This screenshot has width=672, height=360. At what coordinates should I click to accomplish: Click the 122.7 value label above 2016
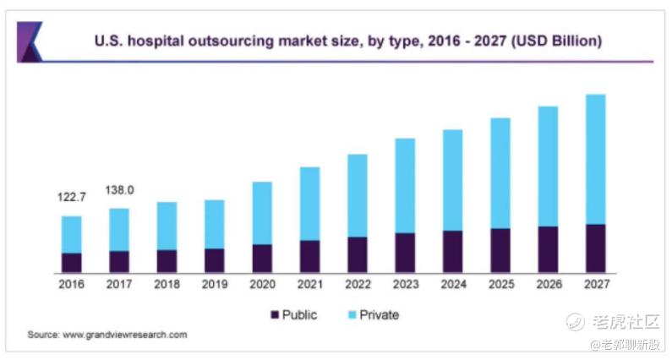pos(72,197)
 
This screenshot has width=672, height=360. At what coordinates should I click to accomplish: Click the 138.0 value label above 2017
pos(119,191)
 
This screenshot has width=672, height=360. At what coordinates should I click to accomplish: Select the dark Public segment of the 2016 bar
pos(72,262)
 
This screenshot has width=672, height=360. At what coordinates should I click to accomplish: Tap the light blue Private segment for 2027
pos(596,159)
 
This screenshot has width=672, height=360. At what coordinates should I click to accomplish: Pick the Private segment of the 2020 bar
pos(262,213)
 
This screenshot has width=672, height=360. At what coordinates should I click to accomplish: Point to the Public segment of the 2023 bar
pos(405,252)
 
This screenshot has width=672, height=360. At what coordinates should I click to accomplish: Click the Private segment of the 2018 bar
pos(167,226)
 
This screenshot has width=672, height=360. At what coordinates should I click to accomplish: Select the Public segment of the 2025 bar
pos(500,250)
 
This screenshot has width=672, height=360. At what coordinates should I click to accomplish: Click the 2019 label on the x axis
pos(215,285)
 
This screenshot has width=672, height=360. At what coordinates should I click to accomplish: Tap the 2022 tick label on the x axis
pos(358,285)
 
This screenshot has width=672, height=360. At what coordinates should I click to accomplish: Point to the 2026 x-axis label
pos(548,285)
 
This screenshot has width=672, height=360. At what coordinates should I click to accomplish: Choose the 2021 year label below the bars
pos(309,285)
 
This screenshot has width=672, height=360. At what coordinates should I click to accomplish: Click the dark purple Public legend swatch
pos(274,315)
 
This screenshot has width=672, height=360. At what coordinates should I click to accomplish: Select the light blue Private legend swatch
pos(352,315)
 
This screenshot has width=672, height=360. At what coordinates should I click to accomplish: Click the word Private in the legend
pos(380,315)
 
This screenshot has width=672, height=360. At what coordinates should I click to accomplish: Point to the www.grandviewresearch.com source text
pos(125,335)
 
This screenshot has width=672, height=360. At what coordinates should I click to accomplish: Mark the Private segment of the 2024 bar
pos(452,180)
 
